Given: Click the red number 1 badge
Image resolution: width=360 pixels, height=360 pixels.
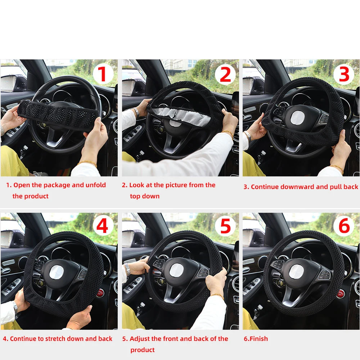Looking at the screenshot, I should [103, 75].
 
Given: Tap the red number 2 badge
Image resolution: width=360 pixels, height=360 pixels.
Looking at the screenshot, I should [225, 75].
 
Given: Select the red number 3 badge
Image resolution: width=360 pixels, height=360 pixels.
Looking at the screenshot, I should [344, 75].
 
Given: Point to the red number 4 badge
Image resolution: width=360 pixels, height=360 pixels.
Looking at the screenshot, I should [103, 227].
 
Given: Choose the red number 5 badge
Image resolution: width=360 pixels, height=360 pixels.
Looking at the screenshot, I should [225, 227].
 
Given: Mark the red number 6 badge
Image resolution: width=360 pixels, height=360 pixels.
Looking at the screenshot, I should [344, 227].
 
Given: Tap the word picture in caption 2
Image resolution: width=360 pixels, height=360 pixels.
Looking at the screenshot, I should [177, 185].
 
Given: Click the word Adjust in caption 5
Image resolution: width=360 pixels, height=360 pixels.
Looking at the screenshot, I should [141, 339].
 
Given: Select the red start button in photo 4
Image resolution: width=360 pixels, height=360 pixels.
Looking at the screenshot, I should [101, 292].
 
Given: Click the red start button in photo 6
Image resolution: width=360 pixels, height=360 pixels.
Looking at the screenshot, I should [340, 293].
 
